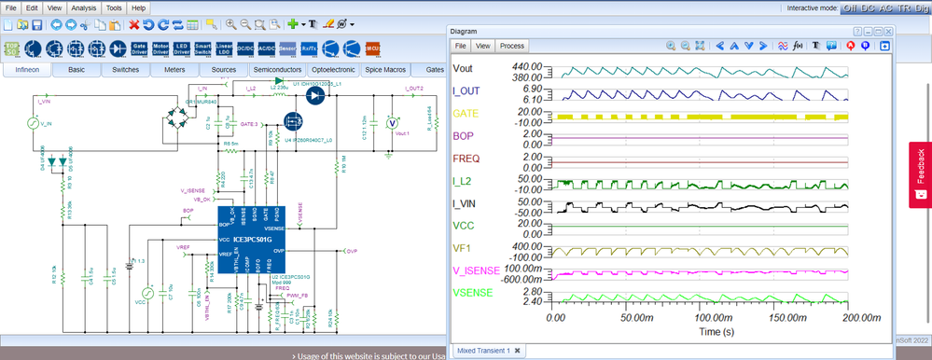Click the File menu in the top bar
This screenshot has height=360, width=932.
(12, 7)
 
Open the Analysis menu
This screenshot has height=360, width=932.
(83, 7)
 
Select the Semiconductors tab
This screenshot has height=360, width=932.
(277, 69)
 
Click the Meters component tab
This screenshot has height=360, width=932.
(174, 69)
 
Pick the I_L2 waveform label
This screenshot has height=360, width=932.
(466, 182)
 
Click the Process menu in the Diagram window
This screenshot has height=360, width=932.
(512, 45)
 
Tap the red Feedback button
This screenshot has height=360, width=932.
(919, 173)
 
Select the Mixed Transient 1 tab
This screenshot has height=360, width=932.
(482, 350)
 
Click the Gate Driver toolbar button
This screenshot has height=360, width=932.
(139, 48)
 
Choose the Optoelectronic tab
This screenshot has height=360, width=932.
(333, 69)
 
